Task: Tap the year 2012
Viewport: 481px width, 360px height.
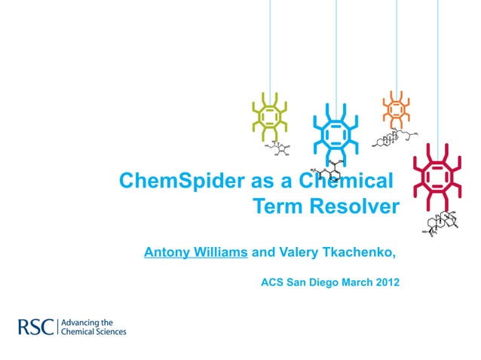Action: pos(384,283)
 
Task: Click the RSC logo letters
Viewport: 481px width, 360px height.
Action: pos(36,327)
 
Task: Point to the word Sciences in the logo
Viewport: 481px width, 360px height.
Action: pos(108,331)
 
